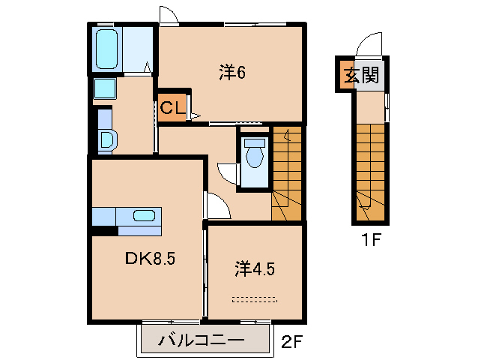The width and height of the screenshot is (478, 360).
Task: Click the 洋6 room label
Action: pos(233,73)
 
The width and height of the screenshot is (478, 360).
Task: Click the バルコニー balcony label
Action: pos(201,341)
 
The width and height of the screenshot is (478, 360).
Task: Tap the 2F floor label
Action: pos(291,341)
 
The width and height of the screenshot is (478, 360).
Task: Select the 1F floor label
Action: pos(371,241)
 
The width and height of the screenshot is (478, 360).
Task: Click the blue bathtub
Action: pos(107,49)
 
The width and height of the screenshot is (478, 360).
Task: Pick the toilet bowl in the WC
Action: pos(255,156)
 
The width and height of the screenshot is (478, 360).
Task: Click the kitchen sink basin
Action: pos(144,216)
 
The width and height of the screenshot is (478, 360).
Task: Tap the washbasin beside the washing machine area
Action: pos(106,139)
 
